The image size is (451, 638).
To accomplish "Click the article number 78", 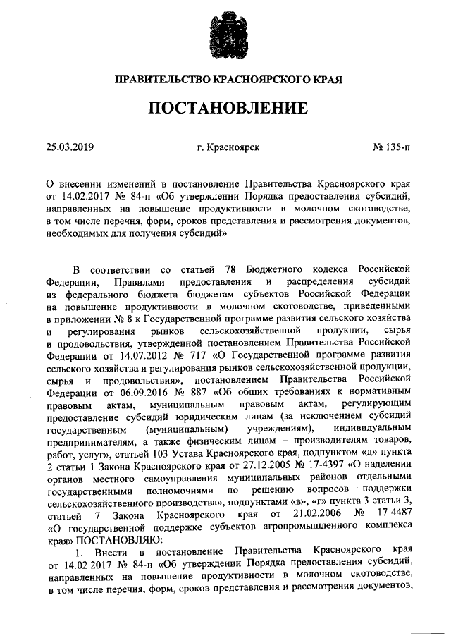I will pyautogui.click(x=229, y=269).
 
